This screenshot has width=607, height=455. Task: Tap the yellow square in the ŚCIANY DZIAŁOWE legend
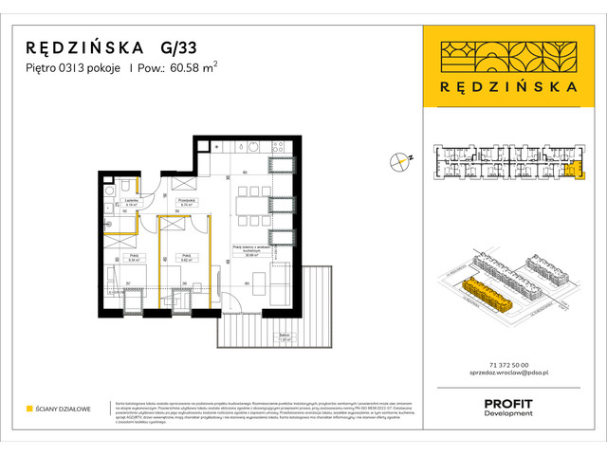(x=29, y=409)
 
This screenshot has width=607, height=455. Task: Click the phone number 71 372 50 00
(x=505, y=365)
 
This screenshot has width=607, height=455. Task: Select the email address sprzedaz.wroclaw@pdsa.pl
(x=505, y=376)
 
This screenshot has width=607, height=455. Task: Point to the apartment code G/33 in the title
(x=178, y=46)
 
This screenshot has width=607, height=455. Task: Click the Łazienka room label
(x=133, y=202)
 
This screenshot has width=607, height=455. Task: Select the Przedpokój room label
(x=188, y=202)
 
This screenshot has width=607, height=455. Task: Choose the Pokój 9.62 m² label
(x=188, y=255)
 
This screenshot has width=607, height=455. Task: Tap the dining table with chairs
(x=252, y=202)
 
